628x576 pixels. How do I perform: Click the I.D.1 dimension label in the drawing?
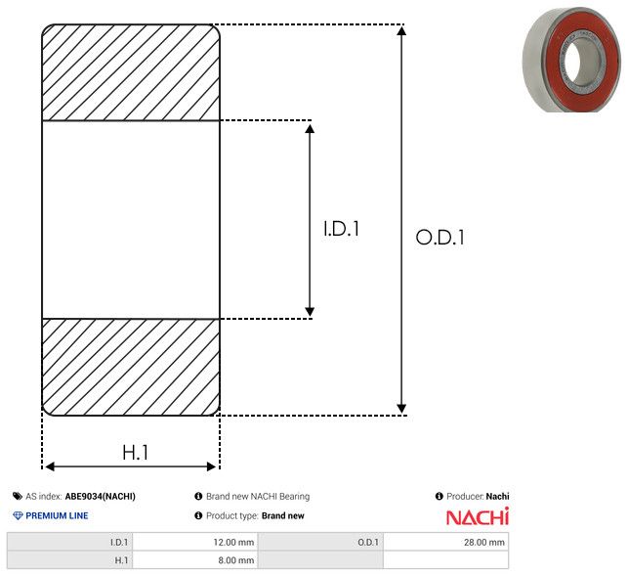[341, 229]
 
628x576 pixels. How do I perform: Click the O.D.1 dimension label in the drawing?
[440, 237]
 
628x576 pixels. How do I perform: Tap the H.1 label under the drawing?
[136, 453]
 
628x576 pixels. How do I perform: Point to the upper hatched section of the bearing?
[131, 72]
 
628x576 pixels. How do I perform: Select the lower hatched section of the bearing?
[131, 367]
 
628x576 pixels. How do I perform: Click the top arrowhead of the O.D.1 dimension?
[401, 30]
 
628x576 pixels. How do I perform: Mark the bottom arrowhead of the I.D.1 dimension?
[310, 312]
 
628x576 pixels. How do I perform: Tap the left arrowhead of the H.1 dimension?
[49, 466]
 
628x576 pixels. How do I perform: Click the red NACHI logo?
[478, 516]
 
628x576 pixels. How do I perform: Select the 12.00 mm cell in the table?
[195, 543]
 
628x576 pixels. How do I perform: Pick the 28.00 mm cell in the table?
[445, 543]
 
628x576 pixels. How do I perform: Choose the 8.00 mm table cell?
[195, 560]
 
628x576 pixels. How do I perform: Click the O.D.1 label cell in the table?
[320, 543]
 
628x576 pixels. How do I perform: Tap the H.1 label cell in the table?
[69, 560]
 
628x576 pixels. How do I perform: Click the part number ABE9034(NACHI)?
[101, 496]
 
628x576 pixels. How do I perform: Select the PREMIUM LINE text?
[57, 515]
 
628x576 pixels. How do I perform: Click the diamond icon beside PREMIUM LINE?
[18, 515]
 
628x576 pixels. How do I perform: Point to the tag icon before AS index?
[18, 496]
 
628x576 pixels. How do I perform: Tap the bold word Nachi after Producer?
[497, 496]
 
